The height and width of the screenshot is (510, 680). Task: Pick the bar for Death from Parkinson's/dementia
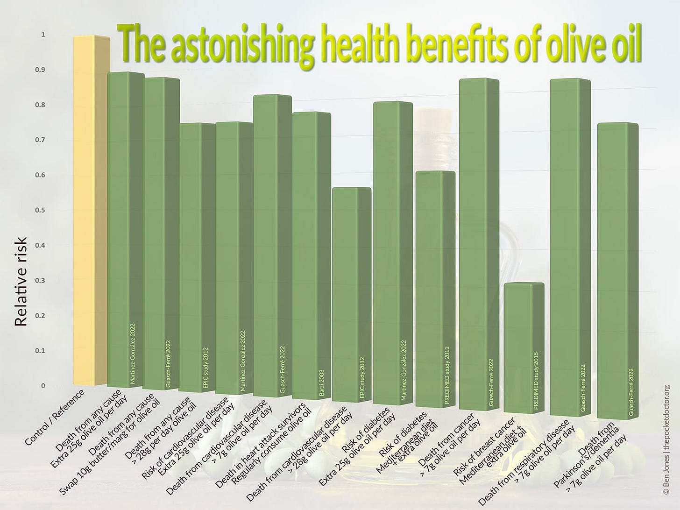tap(617, 271)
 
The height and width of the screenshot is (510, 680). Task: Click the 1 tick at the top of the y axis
tap(43, 35)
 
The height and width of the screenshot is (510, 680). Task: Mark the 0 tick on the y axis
tap(43, 386)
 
